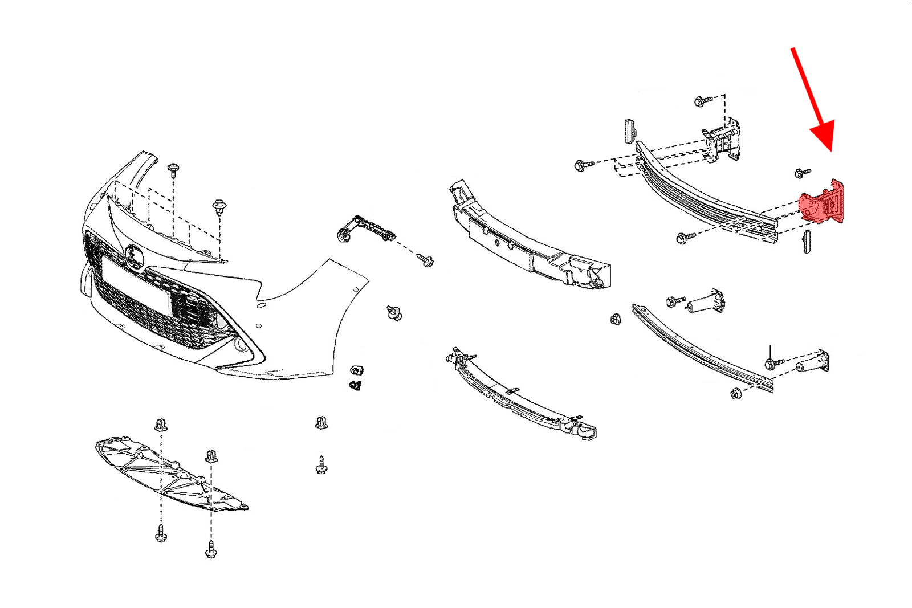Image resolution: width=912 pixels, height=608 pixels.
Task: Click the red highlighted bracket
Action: pyautogui.click(x=822, y=203)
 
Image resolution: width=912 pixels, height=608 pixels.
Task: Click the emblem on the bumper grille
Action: pyautogui.click(x=136, y=256)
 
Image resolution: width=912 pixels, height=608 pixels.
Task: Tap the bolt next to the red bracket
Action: pyautogui.click(x=803, y=172)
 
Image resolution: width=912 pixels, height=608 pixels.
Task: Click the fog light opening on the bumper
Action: pyautogui.click(x=240, y=344)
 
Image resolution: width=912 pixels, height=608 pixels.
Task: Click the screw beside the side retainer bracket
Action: pyautogui.click(x=425, y=260)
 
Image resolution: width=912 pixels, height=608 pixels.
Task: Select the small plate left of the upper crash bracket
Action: pyautogui.click(x=629, y=132)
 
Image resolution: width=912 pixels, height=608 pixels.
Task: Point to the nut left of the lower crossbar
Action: pyautogui.click(x=615, y=319)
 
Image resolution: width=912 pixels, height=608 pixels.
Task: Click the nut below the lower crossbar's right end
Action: pyautogui.click(x=736, y=393)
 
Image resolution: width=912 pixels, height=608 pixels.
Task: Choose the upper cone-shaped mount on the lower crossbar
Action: pyautogui.click(x=707, y=301)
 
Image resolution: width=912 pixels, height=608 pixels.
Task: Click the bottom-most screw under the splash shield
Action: pyautogui.click(x=211, y=550)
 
